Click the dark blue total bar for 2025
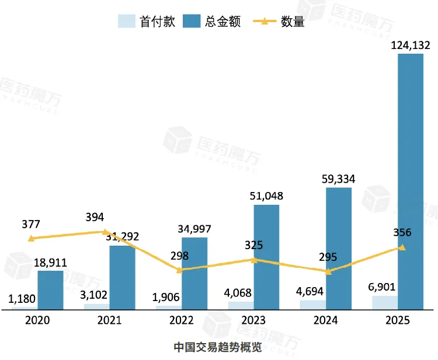click(410, 181)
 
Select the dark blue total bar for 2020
click(50, 289)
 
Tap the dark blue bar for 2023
click(266, 257)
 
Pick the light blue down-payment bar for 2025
click(385, 302)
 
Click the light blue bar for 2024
click(312, 305)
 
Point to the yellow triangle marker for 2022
click(180, 270)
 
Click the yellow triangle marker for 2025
click(402, 247)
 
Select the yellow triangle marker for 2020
click(31, 238)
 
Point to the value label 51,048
click(266, 196)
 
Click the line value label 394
click(95, 218)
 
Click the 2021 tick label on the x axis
click(109, 320)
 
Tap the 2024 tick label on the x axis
click(326, 320)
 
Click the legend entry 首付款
click(147, 22)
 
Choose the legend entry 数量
click(279, 22)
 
